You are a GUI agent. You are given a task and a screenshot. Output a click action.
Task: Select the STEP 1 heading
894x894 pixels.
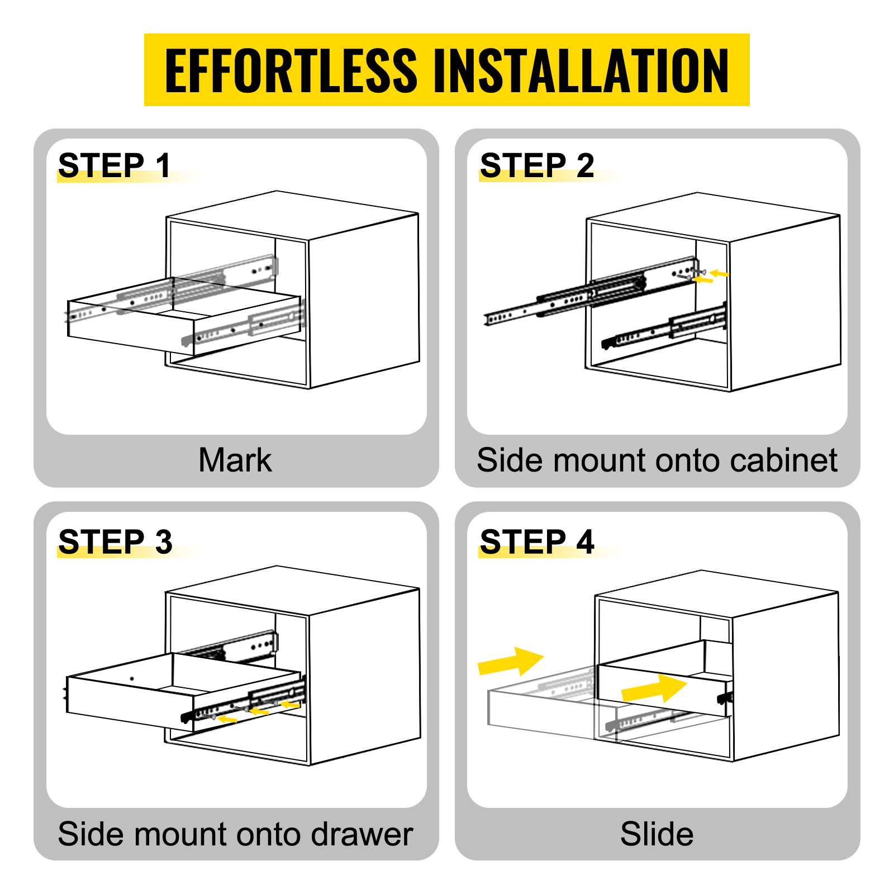114,165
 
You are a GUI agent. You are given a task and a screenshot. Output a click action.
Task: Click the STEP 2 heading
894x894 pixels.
536,165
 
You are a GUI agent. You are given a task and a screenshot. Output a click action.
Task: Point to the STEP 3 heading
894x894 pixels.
115,541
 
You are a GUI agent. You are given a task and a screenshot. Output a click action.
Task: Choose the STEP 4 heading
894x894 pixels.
536,541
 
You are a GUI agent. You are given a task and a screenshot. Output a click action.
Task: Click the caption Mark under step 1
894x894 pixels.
235,460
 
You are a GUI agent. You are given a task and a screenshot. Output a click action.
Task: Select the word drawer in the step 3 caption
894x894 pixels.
362,834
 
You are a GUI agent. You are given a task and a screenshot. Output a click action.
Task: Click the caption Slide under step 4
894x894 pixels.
657,834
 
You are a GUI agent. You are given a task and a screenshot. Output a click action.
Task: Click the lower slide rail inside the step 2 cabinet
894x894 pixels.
665,330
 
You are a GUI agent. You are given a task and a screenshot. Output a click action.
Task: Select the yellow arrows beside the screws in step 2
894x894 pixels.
710,276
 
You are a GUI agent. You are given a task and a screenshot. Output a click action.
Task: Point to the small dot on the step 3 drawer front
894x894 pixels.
132,679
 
